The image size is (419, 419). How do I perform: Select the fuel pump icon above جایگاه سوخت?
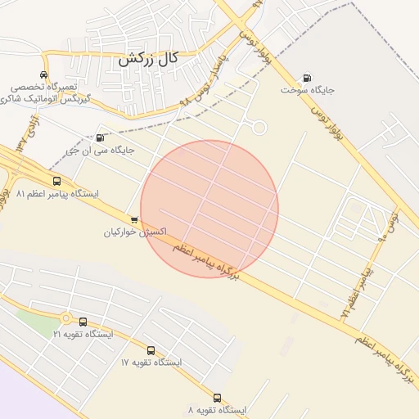coord(308,78)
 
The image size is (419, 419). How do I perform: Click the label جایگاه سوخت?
coord(309,90)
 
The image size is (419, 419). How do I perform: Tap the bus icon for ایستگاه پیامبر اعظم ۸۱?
coord(56,181)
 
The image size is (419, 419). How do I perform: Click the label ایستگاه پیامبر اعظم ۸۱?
coord(56,194)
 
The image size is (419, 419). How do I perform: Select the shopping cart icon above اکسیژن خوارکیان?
coord(134,219)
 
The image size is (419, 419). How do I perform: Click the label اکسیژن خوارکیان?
coord(134,232)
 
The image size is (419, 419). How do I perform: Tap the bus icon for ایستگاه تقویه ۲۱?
coord(83,322)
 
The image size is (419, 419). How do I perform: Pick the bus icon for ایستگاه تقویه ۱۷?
coord(151,349)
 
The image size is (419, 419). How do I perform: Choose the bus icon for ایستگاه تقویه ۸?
coord(217,397)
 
